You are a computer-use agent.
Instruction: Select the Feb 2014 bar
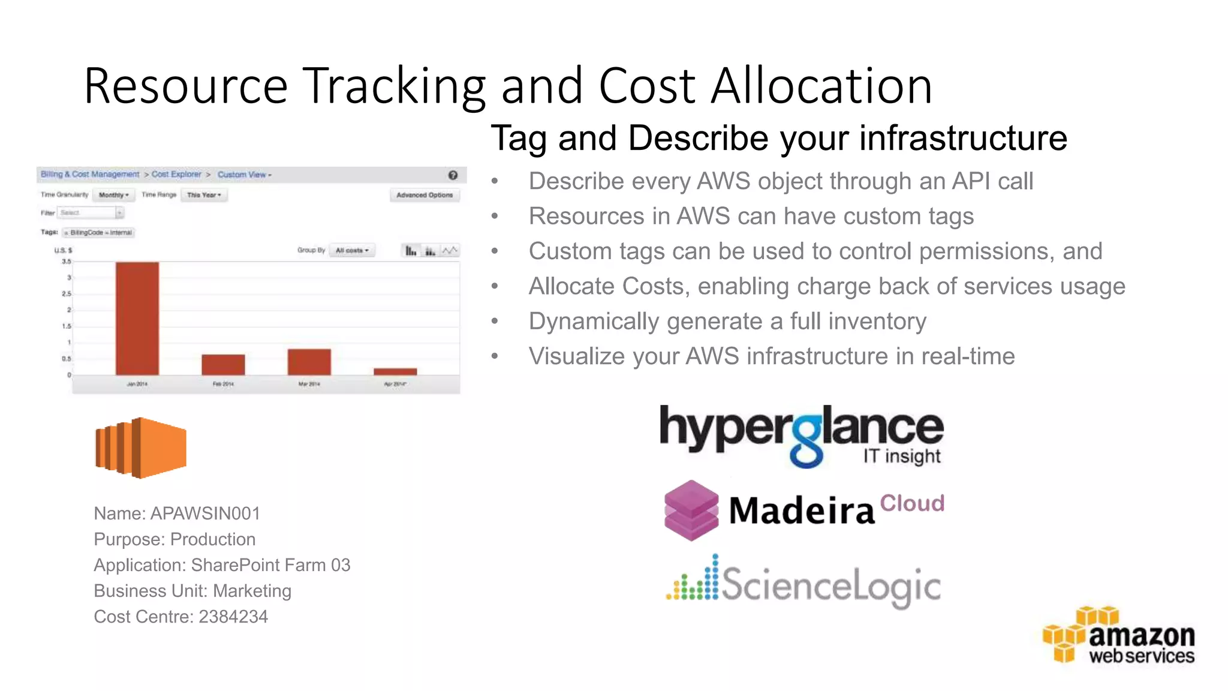pos(223,365)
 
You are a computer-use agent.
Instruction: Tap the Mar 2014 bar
pos(309,362)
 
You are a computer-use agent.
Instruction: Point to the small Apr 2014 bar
pos(395,372)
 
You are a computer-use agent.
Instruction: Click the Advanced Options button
pos(425,195)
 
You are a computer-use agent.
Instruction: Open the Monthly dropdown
pos(113,195)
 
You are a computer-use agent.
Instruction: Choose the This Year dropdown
pos(204,195)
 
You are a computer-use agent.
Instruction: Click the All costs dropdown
pos(352,250)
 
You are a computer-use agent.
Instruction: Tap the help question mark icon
pos(453,175)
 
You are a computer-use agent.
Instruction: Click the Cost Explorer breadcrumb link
pos(176,175)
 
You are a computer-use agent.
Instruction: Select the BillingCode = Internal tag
pos(100,233)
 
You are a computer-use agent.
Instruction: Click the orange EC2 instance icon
pos(141,447)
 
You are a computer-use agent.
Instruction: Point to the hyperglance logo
pos(801,435)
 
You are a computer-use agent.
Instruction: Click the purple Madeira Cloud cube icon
pos(691,510)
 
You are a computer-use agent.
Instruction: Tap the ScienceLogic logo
pos(803,582)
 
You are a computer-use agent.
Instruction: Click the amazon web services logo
pos(1119,636)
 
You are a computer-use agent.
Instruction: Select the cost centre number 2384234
pos(233,617)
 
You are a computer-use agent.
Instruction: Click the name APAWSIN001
pos(205,513)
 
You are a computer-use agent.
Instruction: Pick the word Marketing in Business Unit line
pos(252,591)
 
